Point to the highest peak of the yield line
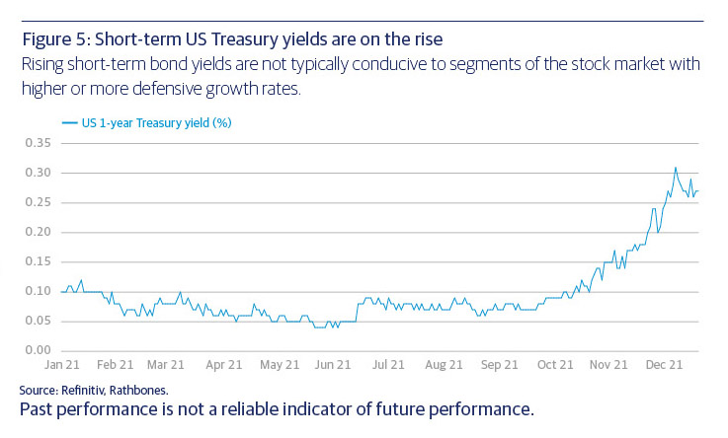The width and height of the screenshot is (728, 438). coord(676,168)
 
